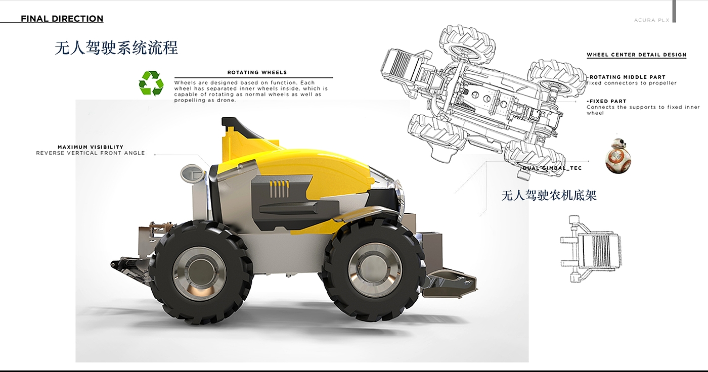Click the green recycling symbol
coord(151,83)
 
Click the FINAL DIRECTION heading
coord(62,19)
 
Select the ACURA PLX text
coord(652,20)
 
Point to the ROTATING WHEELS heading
coord(257,72)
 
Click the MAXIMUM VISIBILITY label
coord(91,147)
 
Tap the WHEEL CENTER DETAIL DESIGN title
coord(637,55)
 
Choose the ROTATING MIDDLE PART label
coord(627,77)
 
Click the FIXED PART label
coord(607,102)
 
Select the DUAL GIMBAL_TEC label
coord(552,168)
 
